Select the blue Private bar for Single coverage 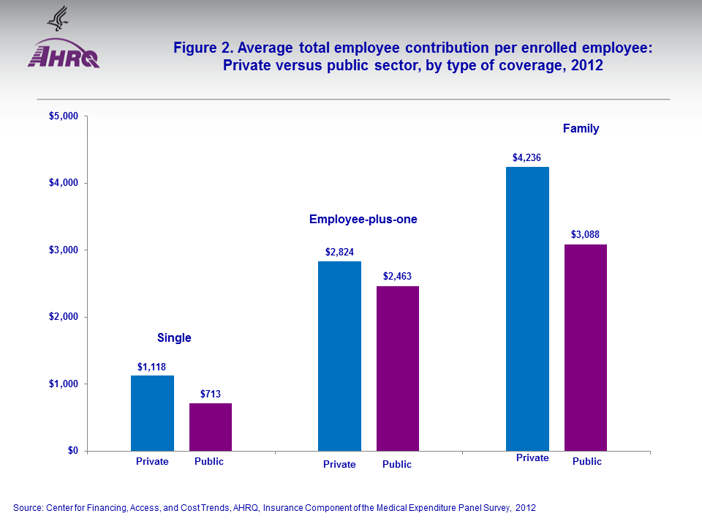click(152, 413)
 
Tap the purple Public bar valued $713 click(211, 427)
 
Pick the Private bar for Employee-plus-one click(339, 356)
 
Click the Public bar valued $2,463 click(398, 368)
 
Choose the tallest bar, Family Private click(527, 308)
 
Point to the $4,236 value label click(526, 157)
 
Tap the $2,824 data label click(339, 252)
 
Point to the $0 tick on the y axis click(72, 451)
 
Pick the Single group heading click(174, 337)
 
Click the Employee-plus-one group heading click(363, 219)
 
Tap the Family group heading click(581, 129)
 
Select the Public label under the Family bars click(587, 462)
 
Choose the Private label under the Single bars click(152, 462)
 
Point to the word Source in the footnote click(29, 507)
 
